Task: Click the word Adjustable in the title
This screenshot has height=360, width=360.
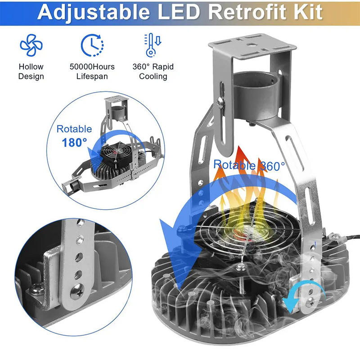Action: (x=94, y=13)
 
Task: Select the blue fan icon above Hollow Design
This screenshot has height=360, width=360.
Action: (x=31, y=45)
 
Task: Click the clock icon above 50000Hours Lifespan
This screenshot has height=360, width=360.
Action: (x=92, y=45)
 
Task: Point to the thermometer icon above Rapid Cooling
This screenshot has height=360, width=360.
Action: (x=153, y=45)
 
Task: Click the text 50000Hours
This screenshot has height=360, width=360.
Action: (x=92, y=67)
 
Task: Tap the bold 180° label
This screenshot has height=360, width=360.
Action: (x=74, y=143)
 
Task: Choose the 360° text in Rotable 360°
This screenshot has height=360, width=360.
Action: (x=272, y=166)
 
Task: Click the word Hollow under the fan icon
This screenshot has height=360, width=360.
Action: (x=31, y=67)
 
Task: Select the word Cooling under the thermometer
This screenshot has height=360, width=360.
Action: (x=153, y=76)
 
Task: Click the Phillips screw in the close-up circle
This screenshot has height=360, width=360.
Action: (x=77, y=291)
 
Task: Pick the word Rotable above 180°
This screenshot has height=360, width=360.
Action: (x=74, y=129)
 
